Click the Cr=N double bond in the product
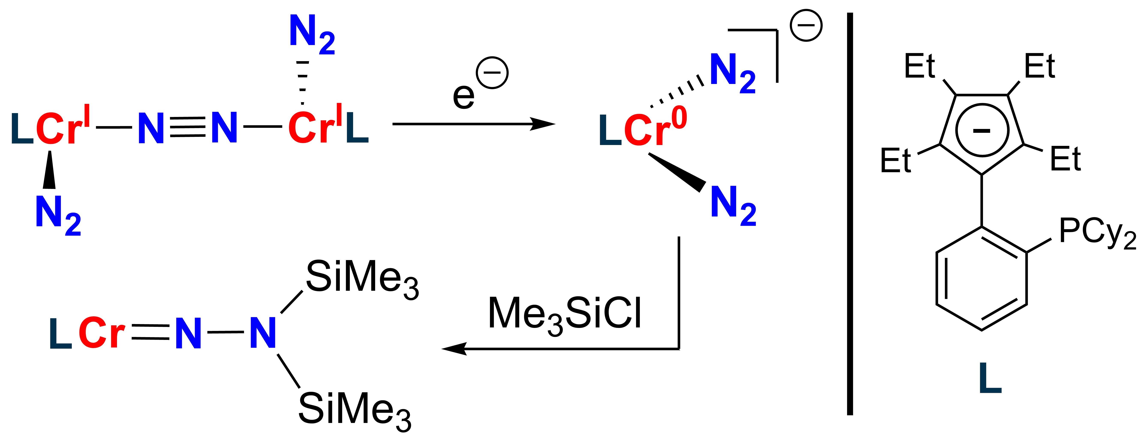click(150, 332)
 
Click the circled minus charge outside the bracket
click(806, 25)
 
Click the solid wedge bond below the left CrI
click(49, 170)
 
